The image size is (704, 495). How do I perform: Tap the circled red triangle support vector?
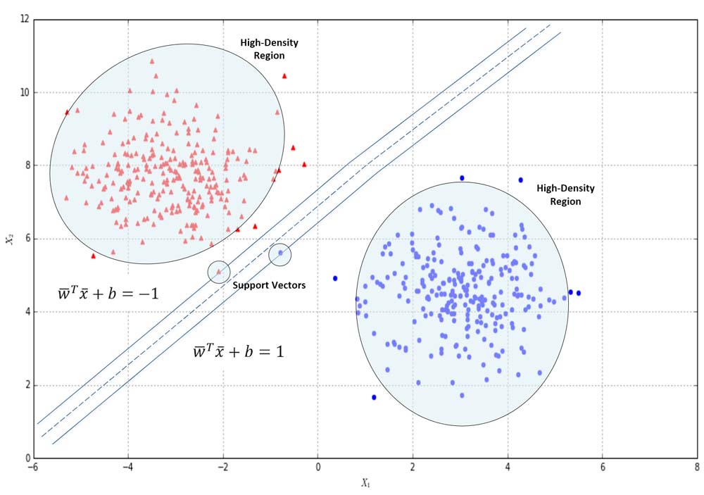click(219, 271)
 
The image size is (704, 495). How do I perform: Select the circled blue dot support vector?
click(280, 253)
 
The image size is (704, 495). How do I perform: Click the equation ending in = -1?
click(108, 293)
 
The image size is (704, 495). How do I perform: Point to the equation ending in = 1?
click(239, 351)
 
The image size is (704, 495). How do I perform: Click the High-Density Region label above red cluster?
click(269, 49)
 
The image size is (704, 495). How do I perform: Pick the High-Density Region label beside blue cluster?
click(565, 195)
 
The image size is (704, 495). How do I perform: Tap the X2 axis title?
click(9, 239)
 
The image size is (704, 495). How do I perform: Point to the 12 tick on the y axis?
click(24, 19)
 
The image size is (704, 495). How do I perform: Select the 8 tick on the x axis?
click(696, 468)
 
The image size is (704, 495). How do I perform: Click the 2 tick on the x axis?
click(413, 468)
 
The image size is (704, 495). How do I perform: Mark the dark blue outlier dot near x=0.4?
click(336, 278)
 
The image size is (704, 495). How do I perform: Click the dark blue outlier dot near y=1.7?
click(374, 397)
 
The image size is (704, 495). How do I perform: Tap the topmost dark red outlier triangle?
click(284, 75)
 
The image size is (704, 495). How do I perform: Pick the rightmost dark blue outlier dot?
click(579, 293)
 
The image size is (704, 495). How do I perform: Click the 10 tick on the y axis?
click(24, 92)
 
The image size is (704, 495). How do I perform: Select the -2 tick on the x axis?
click(222, 468)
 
